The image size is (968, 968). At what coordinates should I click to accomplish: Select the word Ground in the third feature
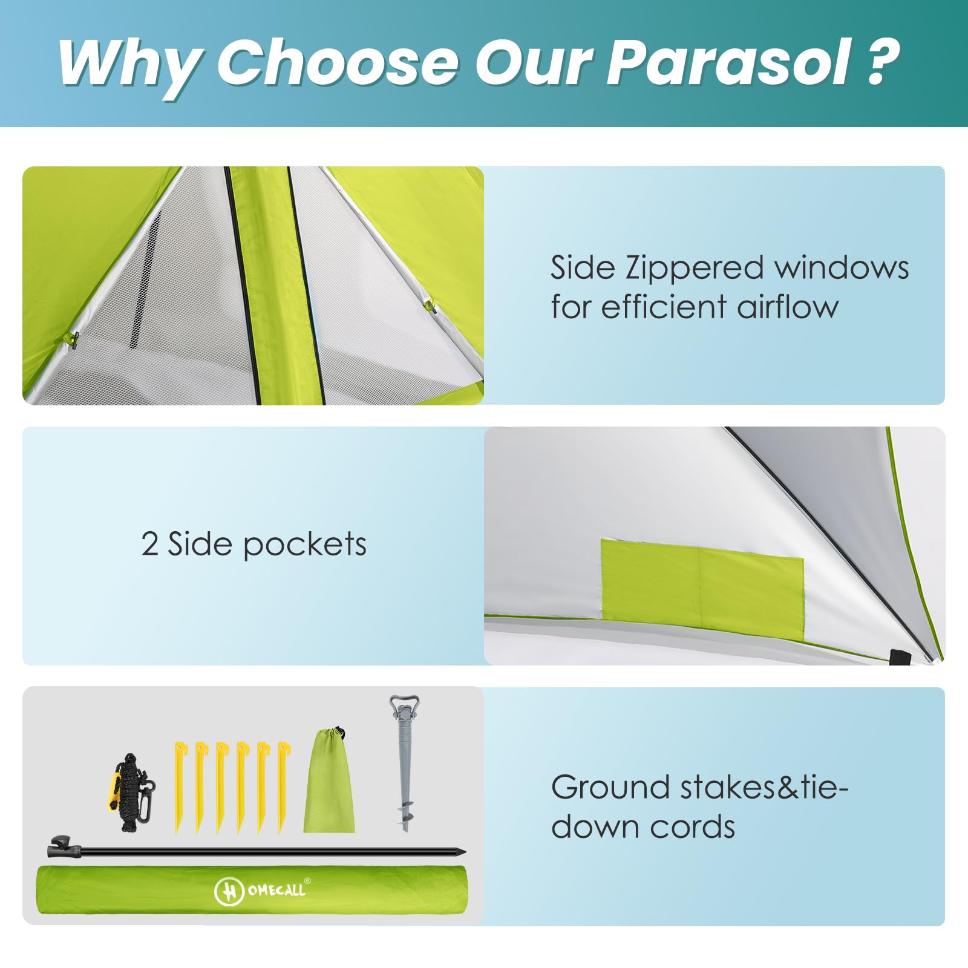[610, 787]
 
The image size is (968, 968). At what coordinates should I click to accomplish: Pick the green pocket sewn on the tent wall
[702, 580]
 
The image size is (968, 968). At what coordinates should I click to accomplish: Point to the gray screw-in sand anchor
[404, 763]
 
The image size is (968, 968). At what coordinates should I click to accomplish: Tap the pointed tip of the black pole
[464, 852]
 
